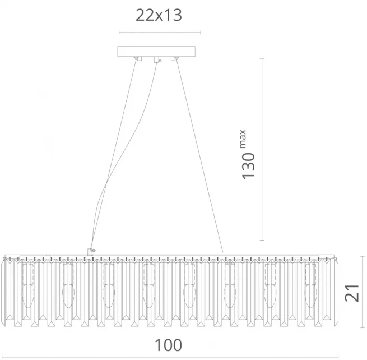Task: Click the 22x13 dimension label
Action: point(159,16)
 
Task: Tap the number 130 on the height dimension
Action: point(248,166)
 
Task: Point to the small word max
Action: point(243,139)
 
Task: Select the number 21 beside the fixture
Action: point(352,293)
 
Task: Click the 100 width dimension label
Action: point(168,345)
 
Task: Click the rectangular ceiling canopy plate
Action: point(156,52)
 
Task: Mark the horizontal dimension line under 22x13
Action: point(160,33)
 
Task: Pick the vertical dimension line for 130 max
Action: point(262,149)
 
